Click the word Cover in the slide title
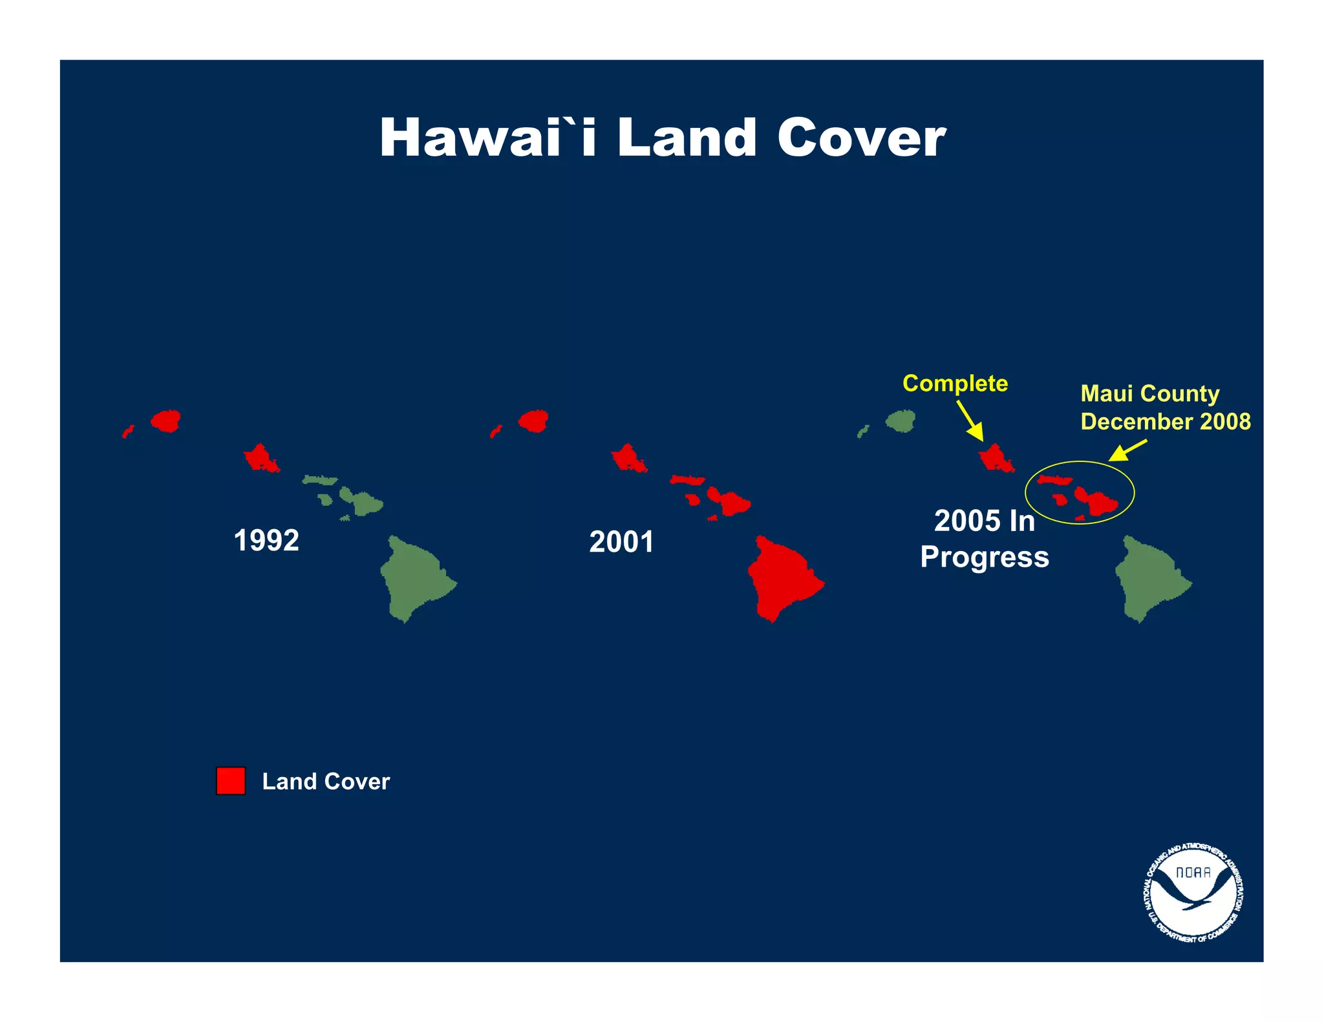pos(861,138)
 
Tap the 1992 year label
pos(266,541)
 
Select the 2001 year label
pos(621,542)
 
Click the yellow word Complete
pos(955,383)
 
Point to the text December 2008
pos(1166,421)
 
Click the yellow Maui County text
pos(1150,393)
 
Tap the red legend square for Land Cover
pos(231,780)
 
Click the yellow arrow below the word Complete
pos(970,421)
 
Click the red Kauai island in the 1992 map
pos(166,421)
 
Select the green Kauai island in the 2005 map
pos(901,421)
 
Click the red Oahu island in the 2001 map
pos(627,458)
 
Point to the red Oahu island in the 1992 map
pos(260,458)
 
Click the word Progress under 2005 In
pos(984,557)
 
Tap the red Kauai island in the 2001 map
pos(534,421)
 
